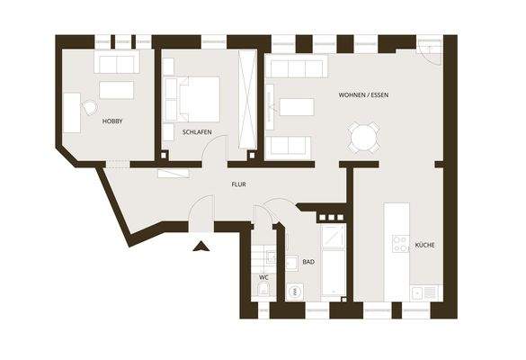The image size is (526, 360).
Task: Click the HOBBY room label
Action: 112,121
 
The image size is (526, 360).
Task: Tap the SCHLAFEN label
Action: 196,132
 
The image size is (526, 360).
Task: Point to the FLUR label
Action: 238,185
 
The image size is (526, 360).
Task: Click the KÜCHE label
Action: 424,245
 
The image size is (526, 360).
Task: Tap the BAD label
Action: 308,262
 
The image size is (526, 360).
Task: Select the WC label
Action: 263,277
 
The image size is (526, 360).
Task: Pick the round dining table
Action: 364,138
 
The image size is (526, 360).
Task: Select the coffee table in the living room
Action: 298,107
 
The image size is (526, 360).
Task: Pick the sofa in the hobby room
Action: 117,63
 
